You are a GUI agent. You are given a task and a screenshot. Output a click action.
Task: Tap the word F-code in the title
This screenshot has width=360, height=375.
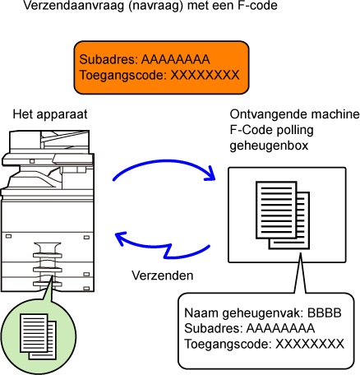coord(257,5)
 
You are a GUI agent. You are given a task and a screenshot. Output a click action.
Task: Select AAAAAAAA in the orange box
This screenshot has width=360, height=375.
coord(175,59)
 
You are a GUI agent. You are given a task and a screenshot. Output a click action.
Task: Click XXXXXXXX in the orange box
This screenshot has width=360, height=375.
coord(205,75)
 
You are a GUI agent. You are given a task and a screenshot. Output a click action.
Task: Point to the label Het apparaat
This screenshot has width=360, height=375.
coord(50,114)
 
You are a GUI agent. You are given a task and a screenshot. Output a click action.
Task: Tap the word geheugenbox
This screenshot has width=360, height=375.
coord(269,146)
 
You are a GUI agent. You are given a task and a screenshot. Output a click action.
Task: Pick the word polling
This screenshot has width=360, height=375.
coord(295,130)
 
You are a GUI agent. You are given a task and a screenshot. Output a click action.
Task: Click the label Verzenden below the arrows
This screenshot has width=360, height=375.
coord(163,275)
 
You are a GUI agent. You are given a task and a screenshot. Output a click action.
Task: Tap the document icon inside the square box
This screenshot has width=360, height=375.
coord(283,215)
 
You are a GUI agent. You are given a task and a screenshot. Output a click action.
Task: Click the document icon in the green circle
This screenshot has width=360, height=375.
coord(39,336)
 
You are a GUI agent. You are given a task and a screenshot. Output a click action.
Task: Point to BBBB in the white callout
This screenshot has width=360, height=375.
coord(325,312)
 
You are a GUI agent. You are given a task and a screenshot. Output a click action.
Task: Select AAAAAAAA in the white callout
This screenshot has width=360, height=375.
coord(280,328)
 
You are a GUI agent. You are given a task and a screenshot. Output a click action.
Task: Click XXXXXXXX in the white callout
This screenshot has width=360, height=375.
coord(310,344)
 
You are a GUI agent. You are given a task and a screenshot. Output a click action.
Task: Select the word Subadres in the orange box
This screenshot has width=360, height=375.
coord(108,59)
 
